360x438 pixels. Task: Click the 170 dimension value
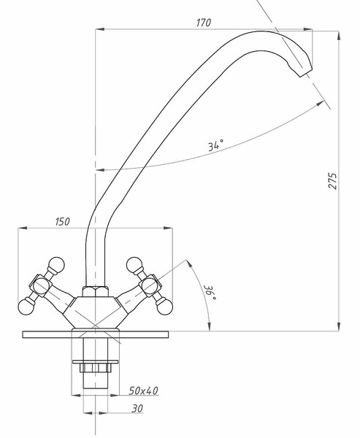click(204, 23)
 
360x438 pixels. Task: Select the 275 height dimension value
click(333, 181)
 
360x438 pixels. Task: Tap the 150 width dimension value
click(62, 221)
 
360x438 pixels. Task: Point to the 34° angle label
click(215, 145)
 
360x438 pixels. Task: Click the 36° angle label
click(210, 293)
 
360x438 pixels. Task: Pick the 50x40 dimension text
click(144, 391)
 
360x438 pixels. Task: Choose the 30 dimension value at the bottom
click(137, 408)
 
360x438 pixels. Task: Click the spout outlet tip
click(306, 72)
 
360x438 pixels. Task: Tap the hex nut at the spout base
click(96, 291)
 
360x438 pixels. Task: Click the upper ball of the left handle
click(56, 264)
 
